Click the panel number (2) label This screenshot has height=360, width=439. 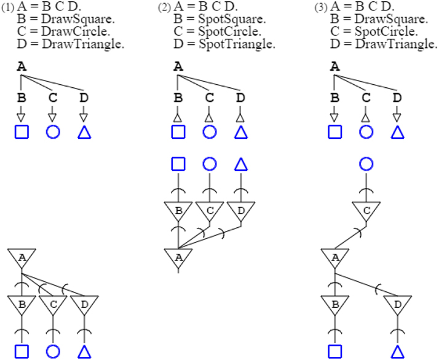pos(164,8)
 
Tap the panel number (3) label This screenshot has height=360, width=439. pos(320,8)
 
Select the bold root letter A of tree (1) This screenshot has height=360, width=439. pos(22,67)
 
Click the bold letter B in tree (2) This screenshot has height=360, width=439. pos(178,97)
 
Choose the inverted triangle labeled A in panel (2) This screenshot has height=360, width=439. pos(178,257)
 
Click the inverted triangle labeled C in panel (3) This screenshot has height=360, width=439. pos(366,210)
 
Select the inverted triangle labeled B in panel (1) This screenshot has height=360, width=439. pos(22,303)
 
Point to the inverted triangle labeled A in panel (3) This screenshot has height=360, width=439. pos(334,257)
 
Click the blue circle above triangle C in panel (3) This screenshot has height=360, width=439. pos(366,163)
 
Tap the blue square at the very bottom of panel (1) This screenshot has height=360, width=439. pos(22,351)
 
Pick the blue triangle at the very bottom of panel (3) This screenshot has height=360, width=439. pos(397,351)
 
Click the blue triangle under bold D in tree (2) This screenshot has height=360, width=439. pos(241,132)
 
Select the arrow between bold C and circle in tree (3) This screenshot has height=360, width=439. pos(366,115)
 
